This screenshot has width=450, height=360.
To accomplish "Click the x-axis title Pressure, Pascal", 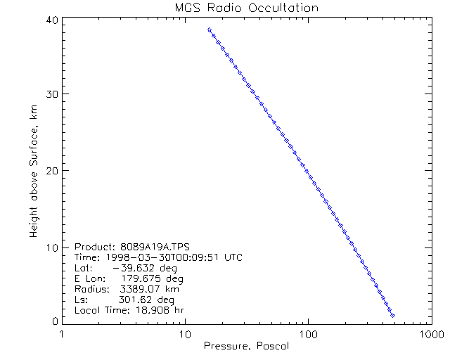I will [x=246, y=346].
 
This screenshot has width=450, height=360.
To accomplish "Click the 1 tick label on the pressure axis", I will [x=63, y=335].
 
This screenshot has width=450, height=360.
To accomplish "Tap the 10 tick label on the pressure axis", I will [x=185, y=335].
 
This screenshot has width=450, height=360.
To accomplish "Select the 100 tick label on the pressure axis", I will [x=307, y=335].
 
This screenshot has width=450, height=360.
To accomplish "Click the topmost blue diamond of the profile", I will [x=210, y=30].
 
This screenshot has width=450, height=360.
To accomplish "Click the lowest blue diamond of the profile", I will [x=392, y=316].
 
